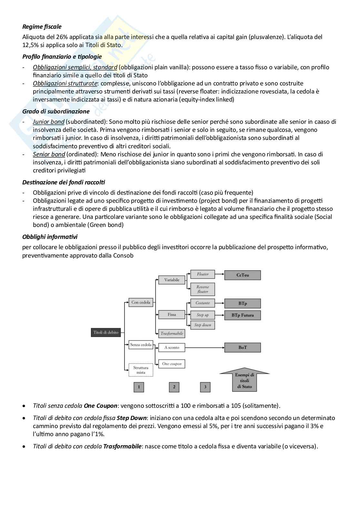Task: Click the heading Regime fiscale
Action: pyautogui.click(x=42, y=27)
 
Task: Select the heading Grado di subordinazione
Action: pyautogui.click(x=56, y=112)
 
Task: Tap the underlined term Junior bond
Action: pyautogui.click(x=48, y=122)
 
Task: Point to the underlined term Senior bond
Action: pyautogui.click(x=49, y=154)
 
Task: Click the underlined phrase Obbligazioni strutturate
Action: pyautogui.click(x=65, y=83)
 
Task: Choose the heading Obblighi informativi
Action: pyautogui.click(x=50, y=237)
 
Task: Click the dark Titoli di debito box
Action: pyautogui.click(x=106, y=332)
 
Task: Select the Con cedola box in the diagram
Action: pyautogui.click(x=141, y=302)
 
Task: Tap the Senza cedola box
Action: pyautogui.click(x=141, y=345)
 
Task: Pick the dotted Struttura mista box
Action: pyautogui.click(x=141, y=370)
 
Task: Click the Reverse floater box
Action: pyautogui.click(x=203, y=289)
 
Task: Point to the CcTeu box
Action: pyautogui.click(x=243, y=275)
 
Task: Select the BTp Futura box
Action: pyautogui.click(x=243, y=315)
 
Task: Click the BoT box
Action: pyautogui.click(x=243, y=347)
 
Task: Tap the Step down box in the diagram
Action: pyautogui.click(x=203, y=325)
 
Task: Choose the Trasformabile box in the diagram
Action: pyautogui.click(x=172, y=334)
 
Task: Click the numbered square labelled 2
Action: pyautogui.click(x=174, y=387)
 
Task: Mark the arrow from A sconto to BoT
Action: pyautogui.click(x=205, y=347)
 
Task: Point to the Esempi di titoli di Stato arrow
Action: pyautogui.click(x=245, y=380)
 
